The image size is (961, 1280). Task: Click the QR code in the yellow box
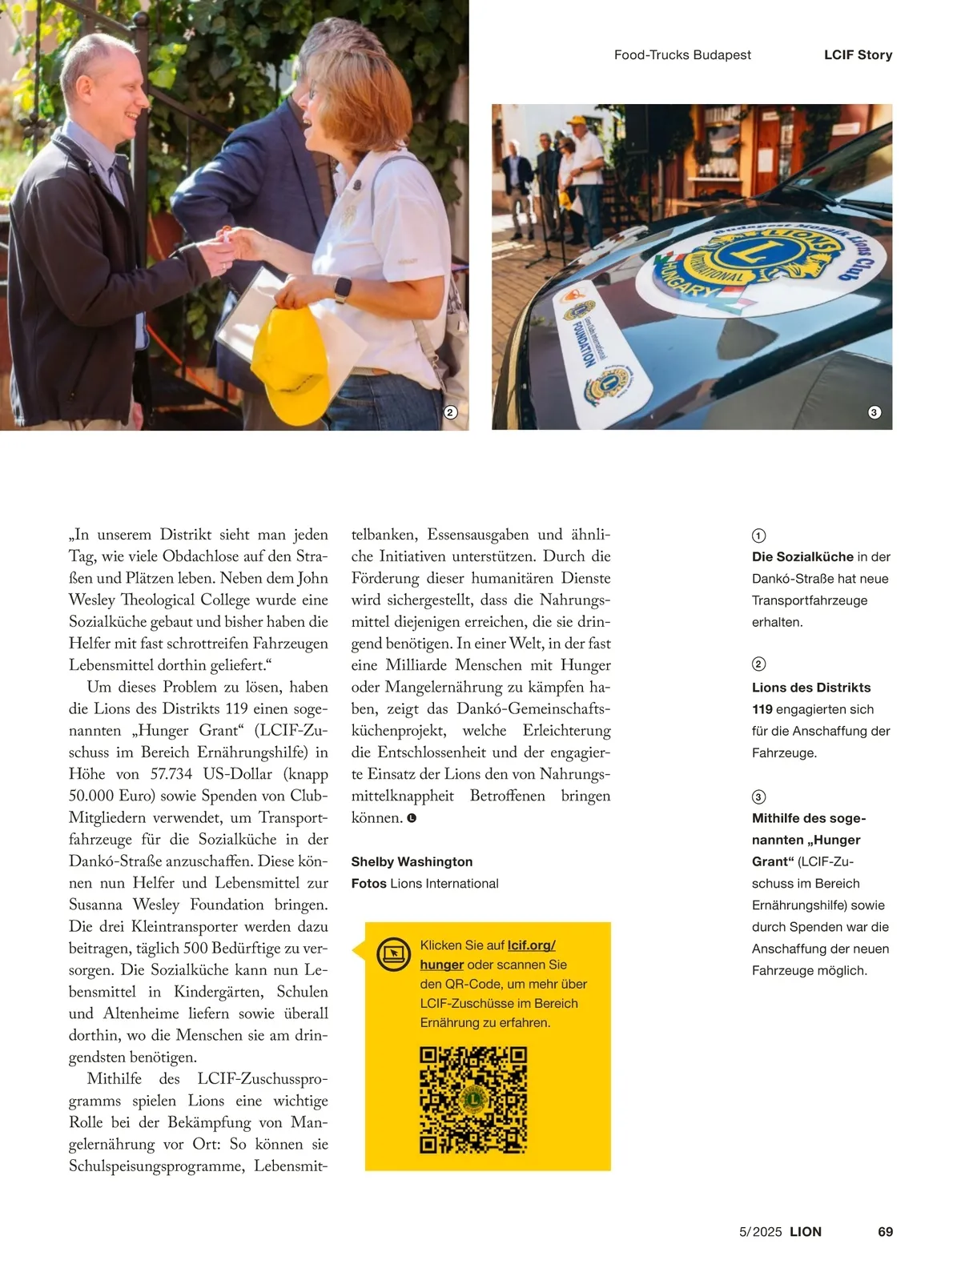473,1099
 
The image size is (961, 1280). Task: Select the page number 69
885,1231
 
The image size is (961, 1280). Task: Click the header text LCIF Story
858,54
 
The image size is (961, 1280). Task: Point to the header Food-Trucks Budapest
682,54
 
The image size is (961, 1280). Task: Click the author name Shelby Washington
412,861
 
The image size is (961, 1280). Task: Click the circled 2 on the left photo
450,412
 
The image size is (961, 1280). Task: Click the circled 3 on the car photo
875,412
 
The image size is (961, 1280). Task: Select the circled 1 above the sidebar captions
758,536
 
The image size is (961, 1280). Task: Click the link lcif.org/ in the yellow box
531,945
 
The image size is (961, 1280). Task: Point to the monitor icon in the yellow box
393,953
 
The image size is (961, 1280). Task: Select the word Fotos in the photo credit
368,883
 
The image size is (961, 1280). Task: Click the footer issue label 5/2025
760,1231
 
